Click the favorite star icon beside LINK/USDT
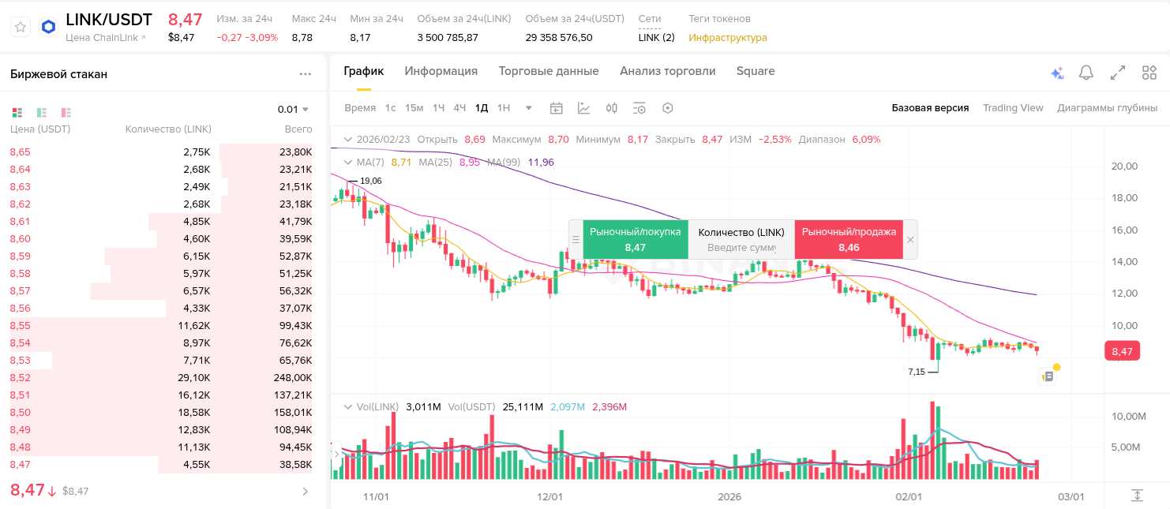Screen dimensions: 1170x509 [x=21, y=27]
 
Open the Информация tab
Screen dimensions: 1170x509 [x=441, y=71]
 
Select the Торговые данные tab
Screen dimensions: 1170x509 [x=549, y=71]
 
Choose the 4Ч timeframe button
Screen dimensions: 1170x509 [x=459, y=108]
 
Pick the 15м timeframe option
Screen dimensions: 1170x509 [x=414, y=108]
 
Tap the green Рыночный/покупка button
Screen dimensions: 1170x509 [x=636, y=240]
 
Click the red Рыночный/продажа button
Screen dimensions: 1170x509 [x=849, y=240]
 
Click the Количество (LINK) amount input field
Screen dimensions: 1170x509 [x=741, y=248]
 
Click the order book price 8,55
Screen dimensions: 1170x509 [x=21, y=326]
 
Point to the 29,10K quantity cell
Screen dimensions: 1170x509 [x=193, y=377]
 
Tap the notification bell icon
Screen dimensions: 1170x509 [x=1086, y=73]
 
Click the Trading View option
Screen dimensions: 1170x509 [x=1013, y=108]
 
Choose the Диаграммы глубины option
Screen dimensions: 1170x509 [x=1108, y=108]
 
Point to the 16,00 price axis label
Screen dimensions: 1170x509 [x=1124, y=230]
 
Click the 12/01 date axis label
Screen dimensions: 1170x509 [x=550, y=497]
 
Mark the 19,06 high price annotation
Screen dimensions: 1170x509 [x=371, y=182]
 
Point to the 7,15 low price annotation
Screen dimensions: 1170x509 [x=916, y=372]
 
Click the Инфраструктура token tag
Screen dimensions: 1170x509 [x=728, y=38]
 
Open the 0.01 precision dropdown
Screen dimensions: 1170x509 [x=292, y=109]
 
